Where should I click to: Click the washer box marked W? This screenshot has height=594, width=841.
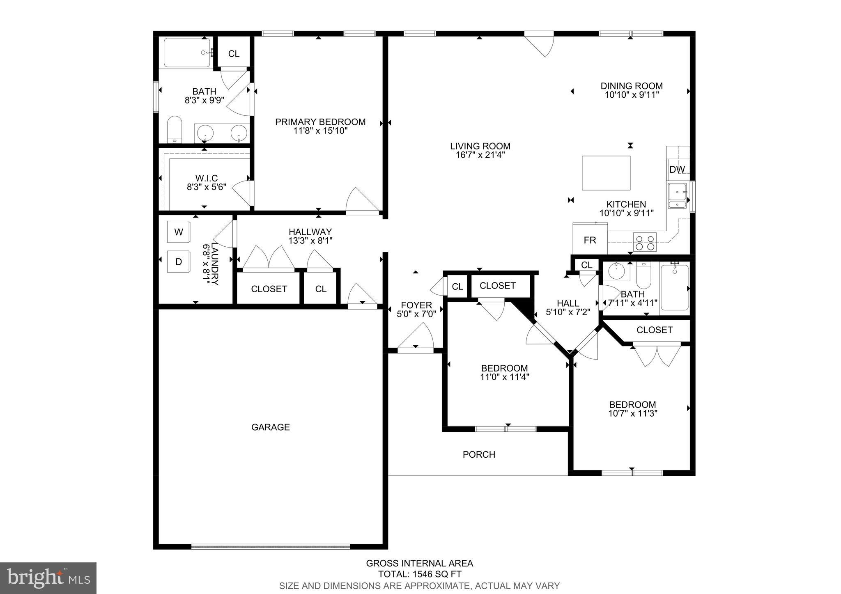tap(178, 232)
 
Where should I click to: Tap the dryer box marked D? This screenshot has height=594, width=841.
tap(178, 262)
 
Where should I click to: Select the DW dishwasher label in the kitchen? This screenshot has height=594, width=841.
tap(677, 170)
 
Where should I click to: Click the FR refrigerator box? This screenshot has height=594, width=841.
tap(590, 240)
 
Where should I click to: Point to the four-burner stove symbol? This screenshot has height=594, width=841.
tap(645, 242)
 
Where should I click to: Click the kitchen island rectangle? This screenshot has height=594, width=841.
tap(606, 173)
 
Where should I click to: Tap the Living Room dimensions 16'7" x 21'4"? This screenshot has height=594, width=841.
tap(480, 155)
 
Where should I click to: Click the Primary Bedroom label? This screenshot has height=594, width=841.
tap(320, 122)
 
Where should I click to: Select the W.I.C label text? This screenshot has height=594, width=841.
tap(206, 178)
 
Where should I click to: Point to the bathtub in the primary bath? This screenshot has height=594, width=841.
tap(187, 53)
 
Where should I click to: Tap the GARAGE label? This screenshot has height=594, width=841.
tap(271, 427)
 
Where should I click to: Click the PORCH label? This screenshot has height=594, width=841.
tap(479, 454)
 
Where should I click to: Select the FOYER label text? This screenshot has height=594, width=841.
tap(416, 305)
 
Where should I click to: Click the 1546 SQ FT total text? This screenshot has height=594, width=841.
tap(420, 574)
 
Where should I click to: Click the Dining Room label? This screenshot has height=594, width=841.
tap(632, 86)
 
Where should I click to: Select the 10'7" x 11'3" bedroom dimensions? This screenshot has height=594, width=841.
tap(632, 413)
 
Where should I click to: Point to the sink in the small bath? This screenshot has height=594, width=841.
tap(616, 271)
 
